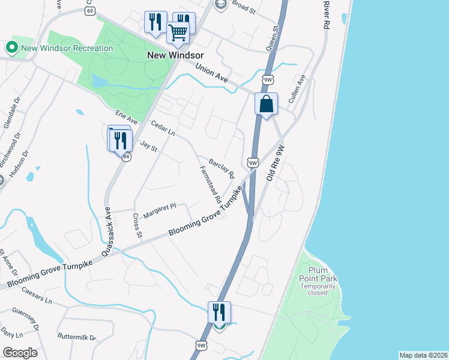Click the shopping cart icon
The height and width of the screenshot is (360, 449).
click(x=178, y=33)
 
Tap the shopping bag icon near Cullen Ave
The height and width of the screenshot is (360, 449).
click(x=266, y=104)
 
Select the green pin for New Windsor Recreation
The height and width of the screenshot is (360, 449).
click(x=11, y=47)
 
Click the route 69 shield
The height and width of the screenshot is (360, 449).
click(x=90, y=11)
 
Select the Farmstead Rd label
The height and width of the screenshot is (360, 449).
click(x=210, y=183)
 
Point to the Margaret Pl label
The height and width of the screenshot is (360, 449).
click(x=159, y=207)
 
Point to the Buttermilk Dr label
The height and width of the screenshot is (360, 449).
click(x=77, y=338)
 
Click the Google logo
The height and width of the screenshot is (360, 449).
click(x=20, y=353)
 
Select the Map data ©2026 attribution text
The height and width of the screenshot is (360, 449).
click(x=423, y=355)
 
